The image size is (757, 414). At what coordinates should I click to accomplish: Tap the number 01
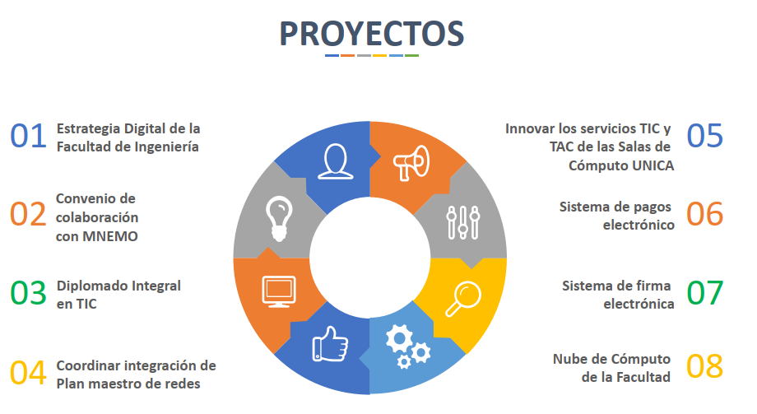[29, 136]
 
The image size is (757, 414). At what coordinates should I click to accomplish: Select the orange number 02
[29, 214]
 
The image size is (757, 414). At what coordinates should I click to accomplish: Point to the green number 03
[29, 293]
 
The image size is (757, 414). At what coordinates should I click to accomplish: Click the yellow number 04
[29, 373]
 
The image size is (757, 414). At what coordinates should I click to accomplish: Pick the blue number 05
[705, 136]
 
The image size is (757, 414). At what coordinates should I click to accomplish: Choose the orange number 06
[705, 214]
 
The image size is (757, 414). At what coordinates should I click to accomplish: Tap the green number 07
[705, 293]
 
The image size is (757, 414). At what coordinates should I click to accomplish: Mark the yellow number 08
[705, 366]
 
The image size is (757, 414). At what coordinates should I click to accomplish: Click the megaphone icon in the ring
[411, 163]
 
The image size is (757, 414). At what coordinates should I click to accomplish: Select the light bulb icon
[279, 218]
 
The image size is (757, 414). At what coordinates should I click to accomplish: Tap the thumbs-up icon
[330, 344]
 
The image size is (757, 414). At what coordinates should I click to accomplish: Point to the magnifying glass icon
[463, 300]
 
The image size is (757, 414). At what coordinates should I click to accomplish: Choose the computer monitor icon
[279, 292]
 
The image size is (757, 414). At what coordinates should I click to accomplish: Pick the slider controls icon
[463, 223]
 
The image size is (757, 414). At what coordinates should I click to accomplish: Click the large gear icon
[399, 338]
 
